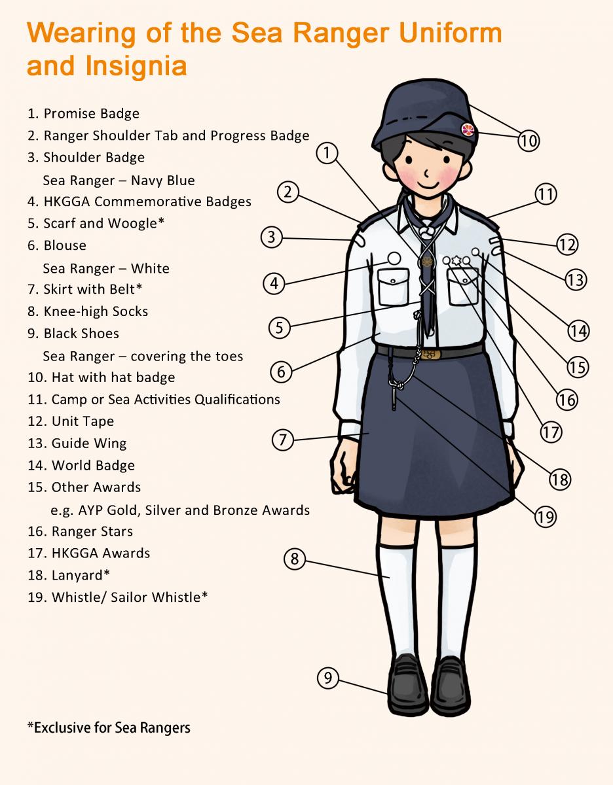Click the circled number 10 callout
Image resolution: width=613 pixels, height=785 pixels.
point(529,139)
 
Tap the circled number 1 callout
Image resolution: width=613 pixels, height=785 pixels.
point(327,153)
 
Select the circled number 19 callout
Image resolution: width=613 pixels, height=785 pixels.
point(545,517)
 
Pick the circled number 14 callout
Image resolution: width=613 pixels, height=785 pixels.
point(578,331)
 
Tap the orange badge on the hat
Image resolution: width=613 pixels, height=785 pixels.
point(468,130)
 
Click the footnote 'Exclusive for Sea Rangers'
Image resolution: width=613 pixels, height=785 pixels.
point(109,727)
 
